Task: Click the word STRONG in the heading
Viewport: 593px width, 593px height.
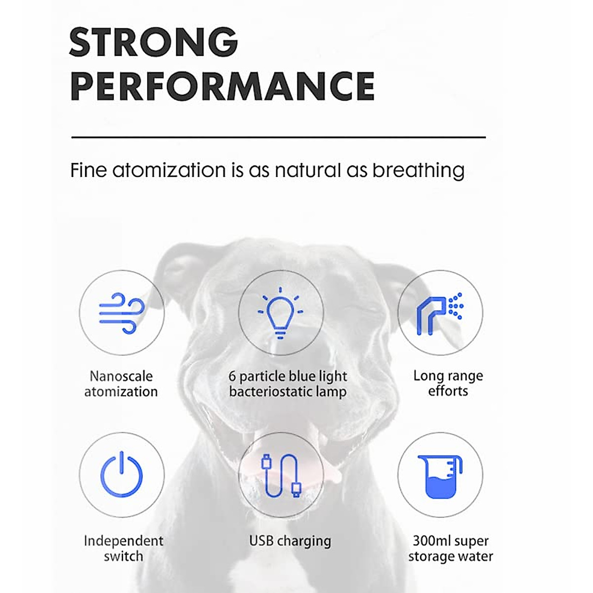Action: (x=154, y=42)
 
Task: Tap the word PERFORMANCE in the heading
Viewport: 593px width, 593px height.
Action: (x=222, y=85)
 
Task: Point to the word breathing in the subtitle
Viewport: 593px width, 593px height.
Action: (x=418, y=170)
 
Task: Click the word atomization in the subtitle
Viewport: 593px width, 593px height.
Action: (x=169, y=170)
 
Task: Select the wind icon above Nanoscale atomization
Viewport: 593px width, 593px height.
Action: (x=122, y=313)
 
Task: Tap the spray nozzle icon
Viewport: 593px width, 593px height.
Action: (x=440, y=313)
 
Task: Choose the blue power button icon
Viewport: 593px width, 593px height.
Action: (x=122, y=474)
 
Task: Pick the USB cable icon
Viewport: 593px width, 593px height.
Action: (x=281, y=475)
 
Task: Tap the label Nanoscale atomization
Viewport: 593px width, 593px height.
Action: (x=121, y=384)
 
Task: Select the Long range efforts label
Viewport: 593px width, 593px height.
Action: (x=448, y=383)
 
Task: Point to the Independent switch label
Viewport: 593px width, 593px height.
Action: (x=124, y=549)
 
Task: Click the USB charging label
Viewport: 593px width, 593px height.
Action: (x=290, y=541)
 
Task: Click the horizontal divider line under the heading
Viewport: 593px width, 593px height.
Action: (x=279, y=137)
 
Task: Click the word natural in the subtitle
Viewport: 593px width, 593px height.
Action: (x=308, y=170)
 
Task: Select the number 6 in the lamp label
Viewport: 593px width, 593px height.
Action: (x=232, y=377)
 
